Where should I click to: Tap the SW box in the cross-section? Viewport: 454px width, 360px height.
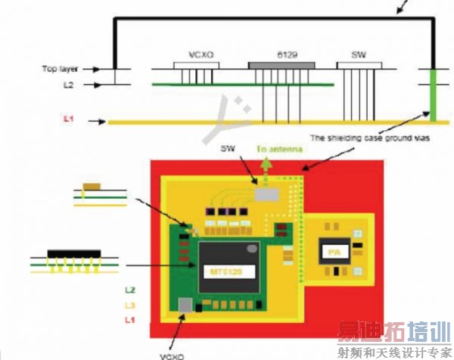[359, 66]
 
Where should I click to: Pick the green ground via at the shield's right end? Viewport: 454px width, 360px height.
[433, 95]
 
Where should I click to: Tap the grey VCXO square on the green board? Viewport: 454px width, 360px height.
[185, 304]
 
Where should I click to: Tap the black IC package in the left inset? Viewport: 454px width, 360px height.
[73, 252]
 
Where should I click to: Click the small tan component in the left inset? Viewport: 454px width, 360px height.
[93, 185]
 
